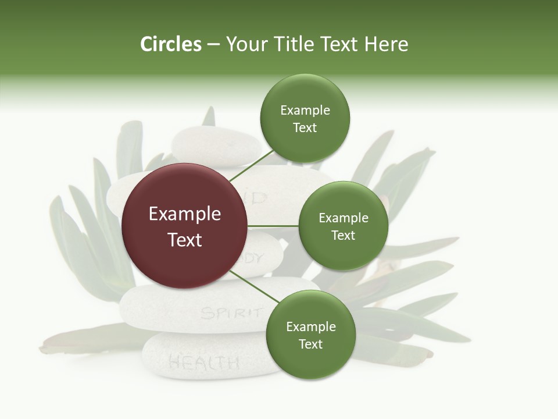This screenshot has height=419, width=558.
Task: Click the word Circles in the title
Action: point(170,44)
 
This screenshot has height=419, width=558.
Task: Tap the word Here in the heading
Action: point(387,44)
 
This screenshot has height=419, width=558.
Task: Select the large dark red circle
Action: point(184,226)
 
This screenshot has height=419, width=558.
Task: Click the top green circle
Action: point(305,118)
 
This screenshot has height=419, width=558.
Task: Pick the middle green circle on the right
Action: point(343,226)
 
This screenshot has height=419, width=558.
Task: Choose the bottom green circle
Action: point(310,335)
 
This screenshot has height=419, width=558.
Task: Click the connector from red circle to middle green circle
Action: point(273,226)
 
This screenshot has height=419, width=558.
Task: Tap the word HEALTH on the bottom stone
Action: point(203,363)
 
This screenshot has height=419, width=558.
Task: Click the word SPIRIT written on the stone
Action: point(230,313)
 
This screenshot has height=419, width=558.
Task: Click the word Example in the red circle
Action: point(184,214)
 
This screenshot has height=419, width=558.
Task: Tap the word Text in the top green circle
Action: point(305,128)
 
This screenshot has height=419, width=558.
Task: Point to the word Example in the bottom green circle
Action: point(310,326)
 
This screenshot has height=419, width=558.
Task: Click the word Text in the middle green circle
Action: point(343,235)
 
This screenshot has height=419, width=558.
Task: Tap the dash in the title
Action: point(213,44)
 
